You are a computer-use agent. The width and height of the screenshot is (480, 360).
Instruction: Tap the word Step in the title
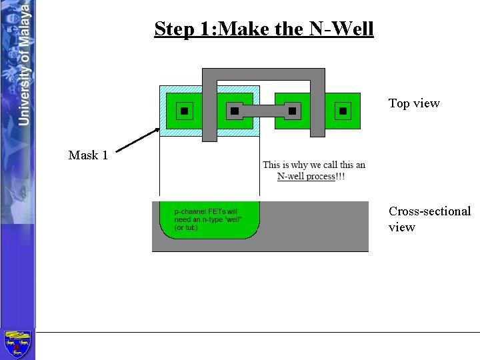click(171, 29)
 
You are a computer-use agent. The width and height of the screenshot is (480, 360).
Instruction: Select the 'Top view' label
click(414, 103)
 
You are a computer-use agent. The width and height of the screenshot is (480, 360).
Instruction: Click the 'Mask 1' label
click(88, 155)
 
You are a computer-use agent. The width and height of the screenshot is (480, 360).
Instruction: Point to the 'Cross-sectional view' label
click(429, 219)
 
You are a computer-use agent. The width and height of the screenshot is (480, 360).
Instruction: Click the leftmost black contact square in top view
click(184, 111)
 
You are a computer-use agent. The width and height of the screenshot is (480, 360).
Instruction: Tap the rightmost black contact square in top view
click(343, 111)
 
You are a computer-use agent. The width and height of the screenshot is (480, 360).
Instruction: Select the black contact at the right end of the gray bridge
click(292, 111)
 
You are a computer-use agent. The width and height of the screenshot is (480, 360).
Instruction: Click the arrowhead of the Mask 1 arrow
click(159, 132)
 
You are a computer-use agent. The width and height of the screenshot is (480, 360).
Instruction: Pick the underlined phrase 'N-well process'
click(305, 176)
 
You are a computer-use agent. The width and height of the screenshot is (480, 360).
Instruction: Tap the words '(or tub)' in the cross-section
click(187, 227)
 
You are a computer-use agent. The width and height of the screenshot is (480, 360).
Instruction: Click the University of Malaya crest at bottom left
click(17, 344)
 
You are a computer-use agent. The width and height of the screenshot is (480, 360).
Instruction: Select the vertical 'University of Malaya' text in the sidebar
click(24, 63)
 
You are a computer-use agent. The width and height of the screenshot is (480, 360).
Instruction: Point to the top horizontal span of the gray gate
click(263, 74)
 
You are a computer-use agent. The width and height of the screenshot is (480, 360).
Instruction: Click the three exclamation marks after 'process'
click(340, 176)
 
